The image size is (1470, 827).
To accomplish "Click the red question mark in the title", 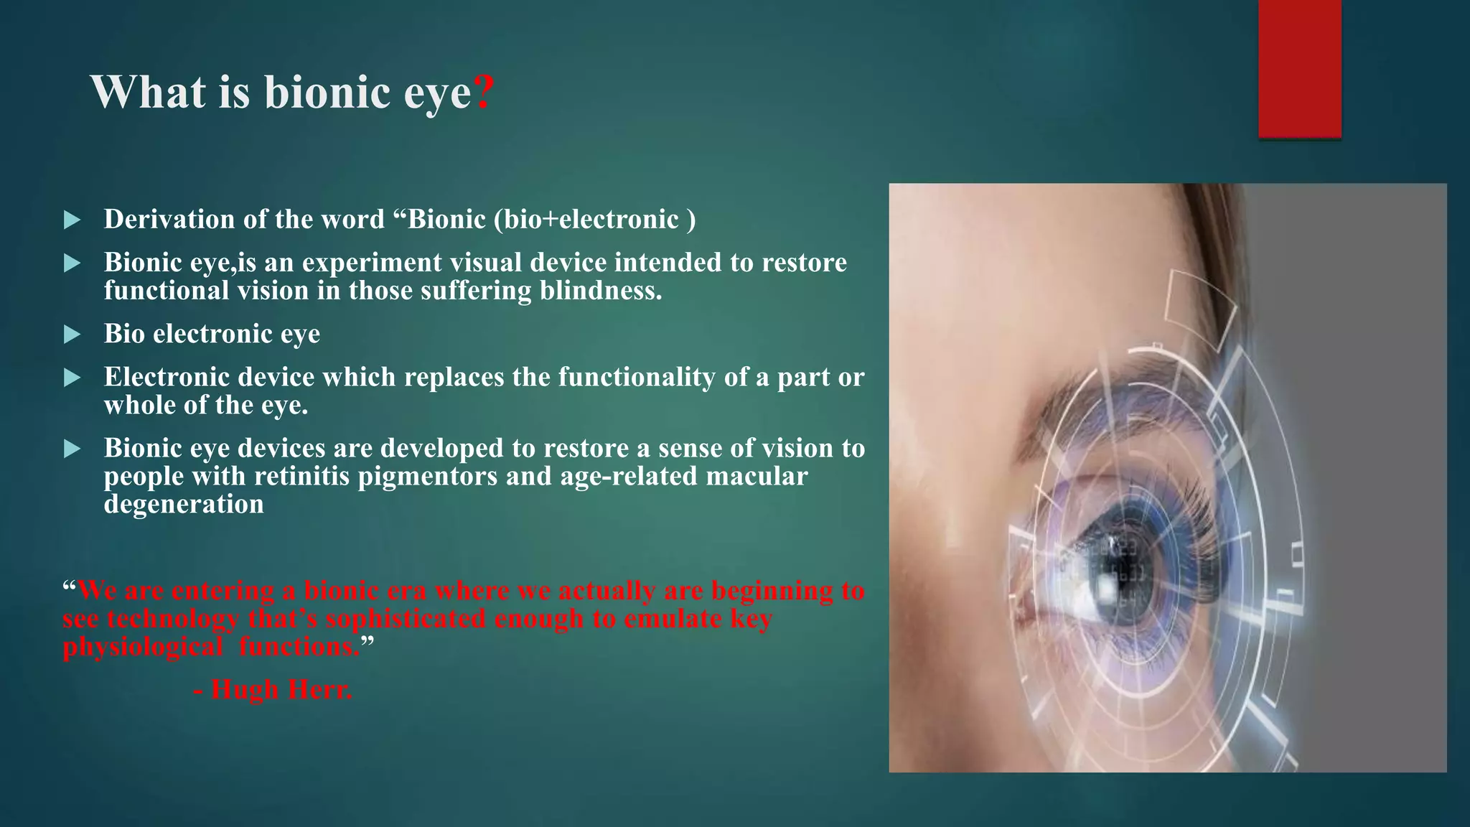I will (484, 93).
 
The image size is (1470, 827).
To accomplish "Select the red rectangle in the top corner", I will (1299, 68).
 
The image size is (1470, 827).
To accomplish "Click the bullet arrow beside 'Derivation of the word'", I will (72, 220).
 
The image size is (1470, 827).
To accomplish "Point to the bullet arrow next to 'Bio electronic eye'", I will (72, 335).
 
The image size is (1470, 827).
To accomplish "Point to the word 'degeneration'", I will (184, 505).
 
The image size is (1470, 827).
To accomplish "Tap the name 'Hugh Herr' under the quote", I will (281, 690).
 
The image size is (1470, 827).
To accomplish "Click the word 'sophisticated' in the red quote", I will (406, 619).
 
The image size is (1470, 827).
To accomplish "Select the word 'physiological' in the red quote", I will (142, 647).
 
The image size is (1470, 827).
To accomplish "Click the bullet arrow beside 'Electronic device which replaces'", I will (72, 378).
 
